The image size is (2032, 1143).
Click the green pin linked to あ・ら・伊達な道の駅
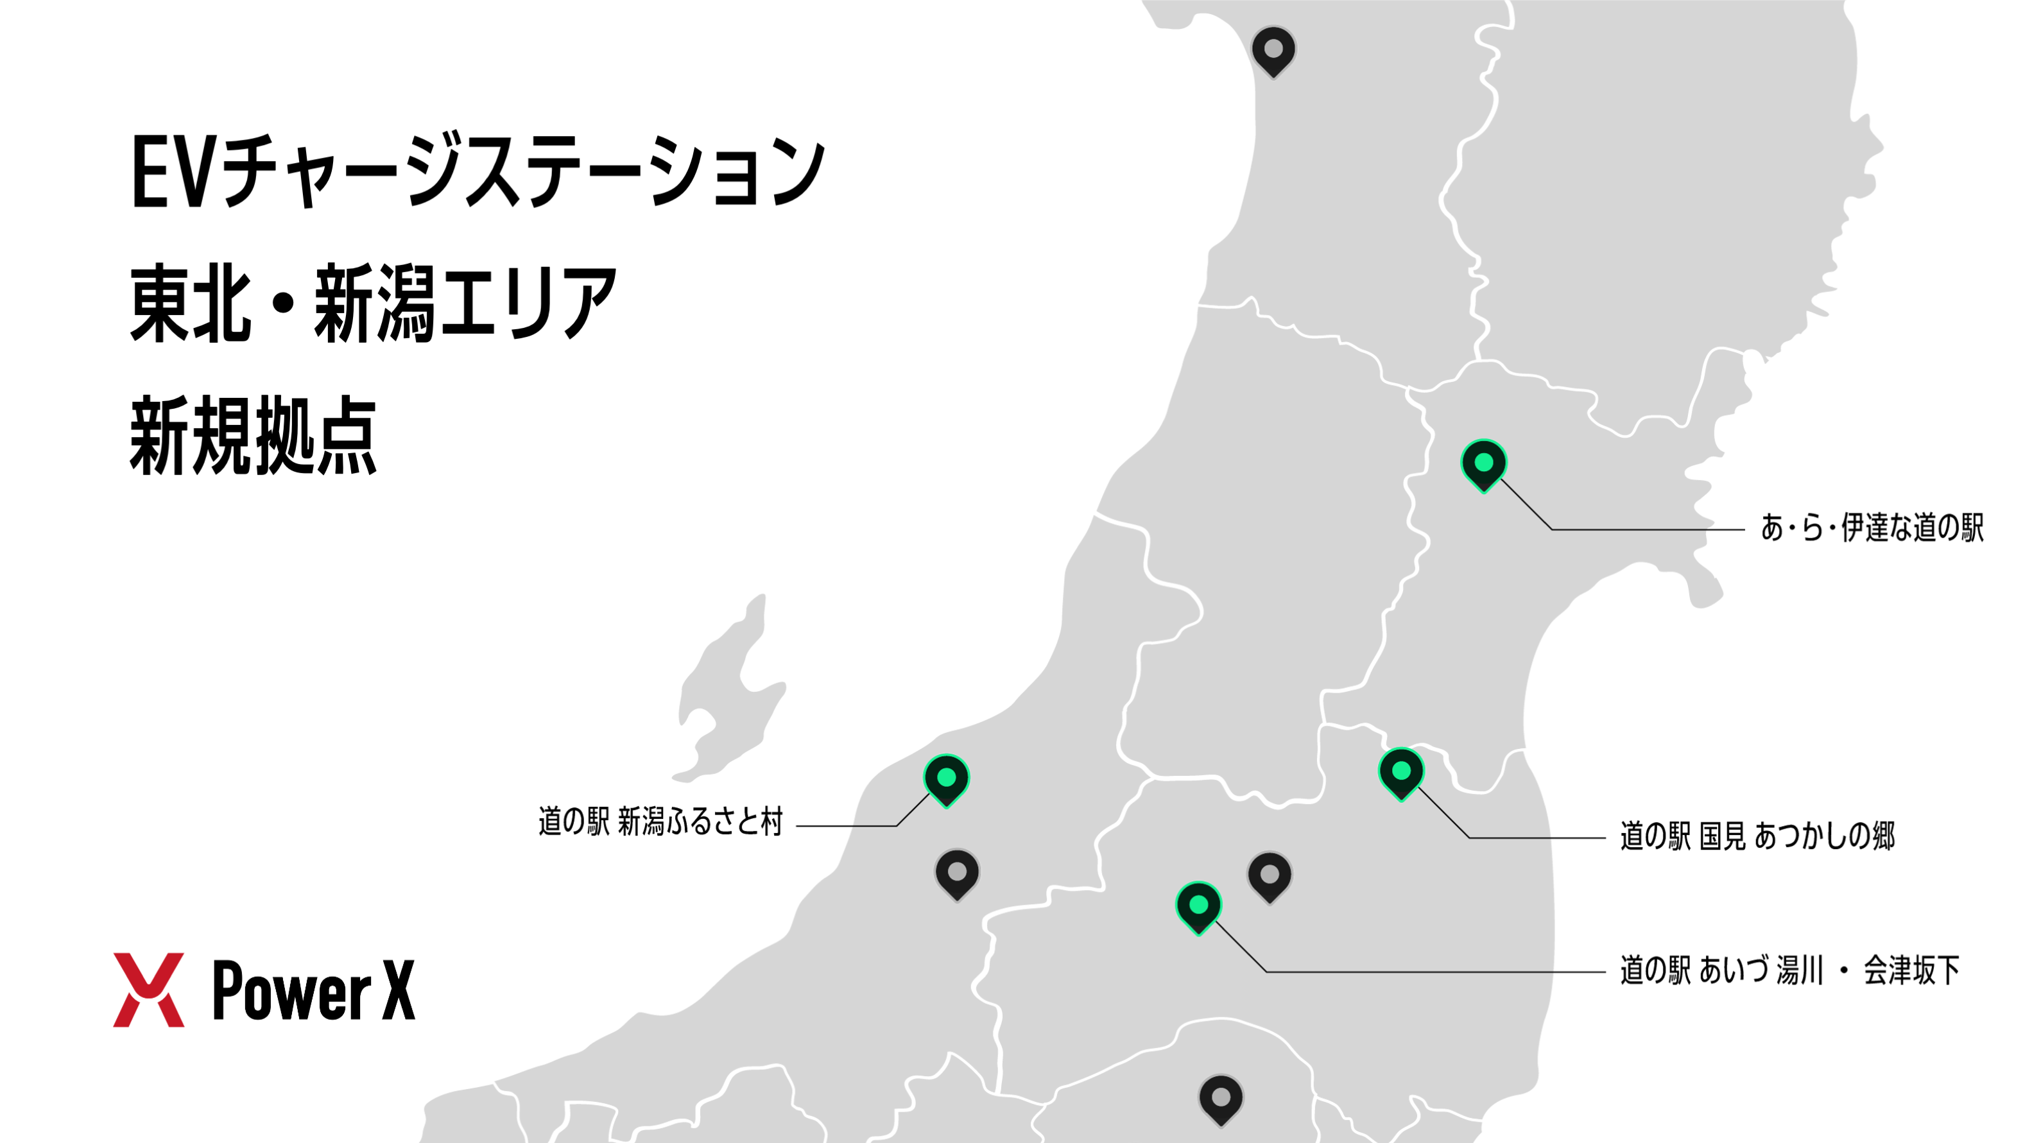click(1483, 464)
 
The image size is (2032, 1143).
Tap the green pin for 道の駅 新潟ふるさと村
click(946, 778)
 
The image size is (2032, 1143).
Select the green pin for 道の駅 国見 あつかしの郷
click(1401, 771)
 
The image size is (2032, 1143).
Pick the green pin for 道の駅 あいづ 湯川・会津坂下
click(1198, 906)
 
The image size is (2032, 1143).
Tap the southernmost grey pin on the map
click(1220, 1098)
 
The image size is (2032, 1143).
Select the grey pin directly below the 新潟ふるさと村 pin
click(957, 873)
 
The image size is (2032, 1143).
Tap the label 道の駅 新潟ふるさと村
click(659, 822)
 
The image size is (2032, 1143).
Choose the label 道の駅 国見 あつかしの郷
click(1757, 836)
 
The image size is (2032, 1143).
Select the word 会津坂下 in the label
click(1911, 971)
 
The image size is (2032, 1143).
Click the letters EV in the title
click(172, 173)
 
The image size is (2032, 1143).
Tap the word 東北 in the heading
click(190, 304)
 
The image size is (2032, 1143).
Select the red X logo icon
click(148, 990)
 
